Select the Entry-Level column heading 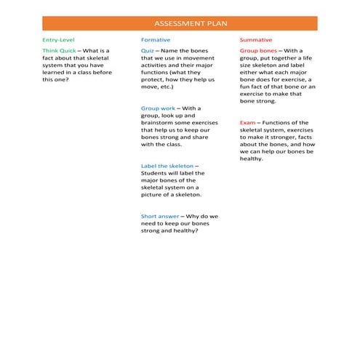coord(58,39)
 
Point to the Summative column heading coord(256,39)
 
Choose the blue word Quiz coord(147,52)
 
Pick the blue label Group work coord(156,108)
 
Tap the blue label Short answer coord(157,216)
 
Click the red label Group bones coord(257,52)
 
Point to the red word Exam coord(247,123)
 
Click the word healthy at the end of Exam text coord(251,159)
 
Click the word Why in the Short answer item coord(193,216)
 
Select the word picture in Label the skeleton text coord(154,194)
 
